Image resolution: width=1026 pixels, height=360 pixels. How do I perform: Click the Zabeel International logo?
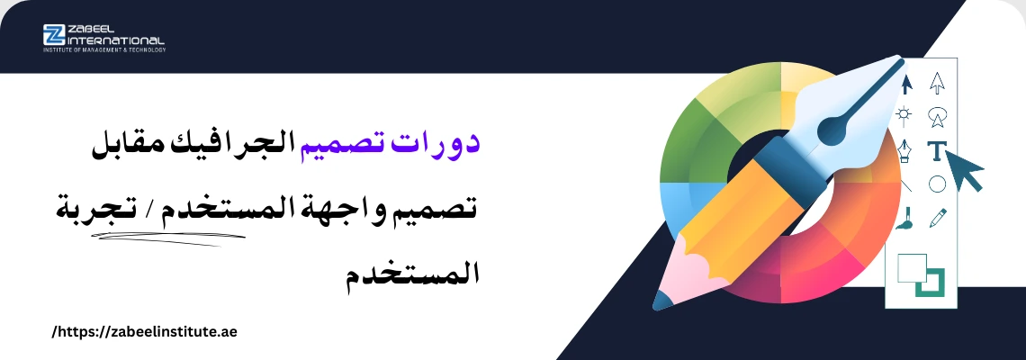(104, 38)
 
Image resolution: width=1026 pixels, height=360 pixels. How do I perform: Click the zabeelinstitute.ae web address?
(145, 332)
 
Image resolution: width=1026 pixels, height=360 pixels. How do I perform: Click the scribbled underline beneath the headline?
(170, 238)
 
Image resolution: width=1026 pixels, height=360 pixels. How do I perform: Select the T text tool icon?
(937, 151)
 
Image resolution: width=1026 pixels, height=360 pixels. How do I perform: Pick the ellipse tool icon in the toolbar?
(937, 184)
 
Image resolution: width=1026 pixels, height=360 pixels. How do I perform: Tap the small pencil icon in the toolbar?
(938, 218)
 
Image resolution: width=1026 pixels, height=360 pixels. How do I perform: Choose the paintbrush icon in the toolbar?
(904, 218)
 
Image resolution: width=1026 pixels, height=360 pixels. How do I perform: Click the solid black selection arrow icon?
(906, 85)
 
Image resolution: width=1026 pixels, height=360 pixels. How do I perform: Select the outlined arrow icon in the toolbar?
(938, 83)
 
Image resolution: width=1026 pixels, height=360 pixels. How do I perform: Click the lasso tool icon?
(938, 116)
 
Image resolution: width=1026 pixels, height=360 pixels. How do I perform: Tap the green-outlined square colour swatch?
(928, 283)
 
